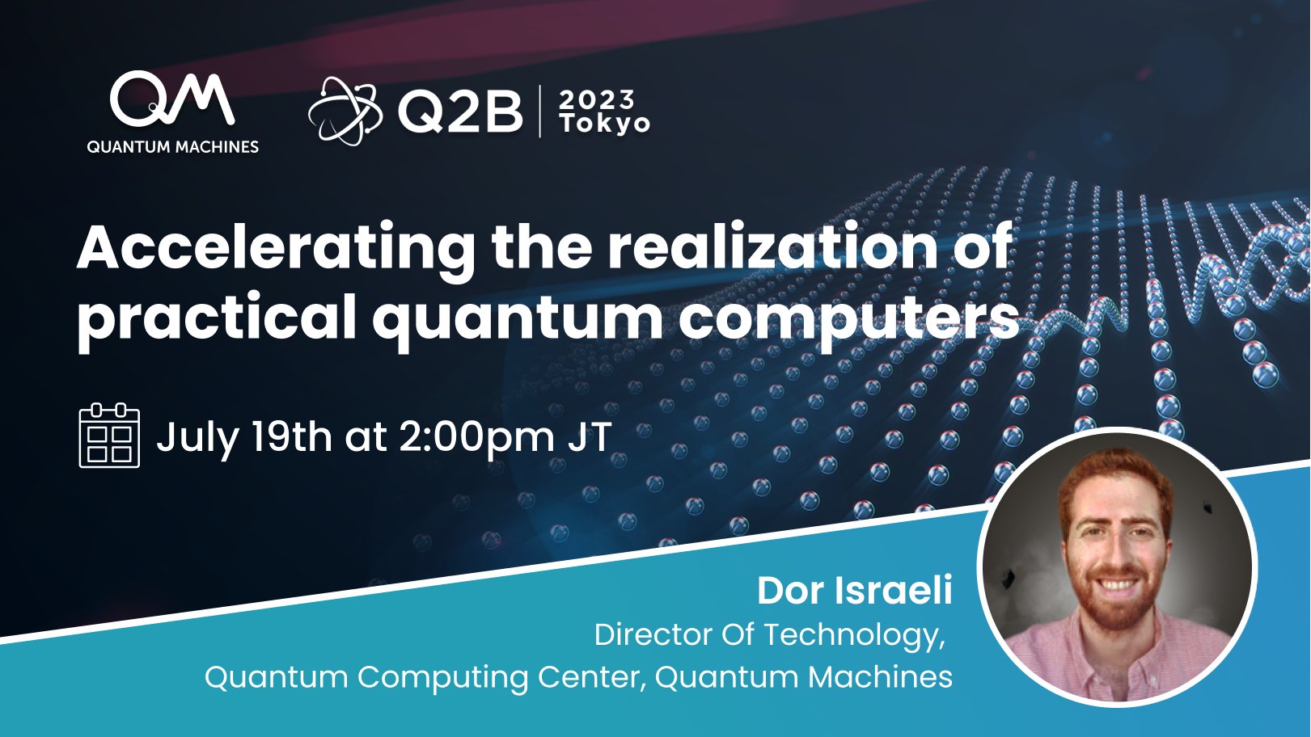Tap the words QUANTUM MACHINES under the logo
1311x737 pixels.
coord(172,147)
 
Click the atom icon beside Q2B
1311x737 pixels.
coord(344,112)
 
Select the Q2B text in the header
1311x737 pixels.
coord(460,112)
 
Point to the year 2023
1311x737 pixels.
coord(597,100)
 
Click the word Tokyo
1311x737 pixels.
coord(605,124)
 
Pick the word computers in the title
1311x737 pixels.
coord(848,318)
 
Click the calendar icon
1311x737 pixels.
coord(109,436)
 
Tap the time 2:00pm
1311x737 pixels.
coord(476,437)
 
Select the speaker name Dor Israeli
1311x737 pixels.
coord(854,591)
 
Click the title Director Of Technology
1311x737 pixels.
coord(768,635)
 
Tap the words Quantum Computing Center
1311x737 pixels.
coord(424,676)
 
